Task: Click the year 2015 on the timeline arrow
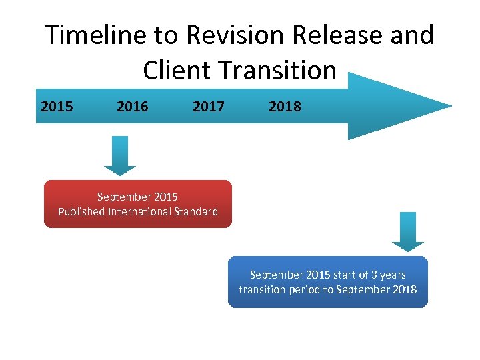(57, 106)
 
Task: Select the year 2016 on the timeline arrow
(133, 106)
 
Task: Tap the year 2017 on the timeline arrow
(209, 106)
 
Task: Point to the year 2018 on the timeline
(285, 106)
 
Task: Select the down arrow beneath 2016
(120, 157)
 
